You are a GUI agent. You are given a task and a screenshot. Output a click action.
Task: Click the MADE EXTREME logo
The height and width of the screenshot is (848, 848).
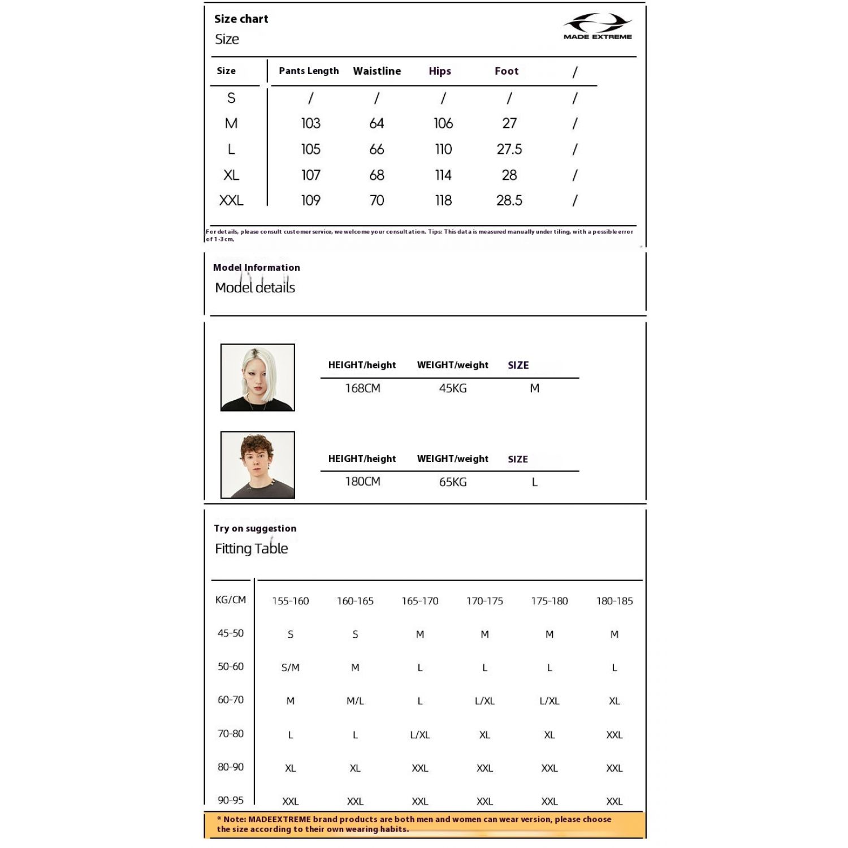(x=598, y=27)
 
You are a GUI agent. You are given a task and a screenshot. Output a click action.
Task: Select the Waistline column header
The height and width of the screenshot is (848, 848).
(x=377, y=71)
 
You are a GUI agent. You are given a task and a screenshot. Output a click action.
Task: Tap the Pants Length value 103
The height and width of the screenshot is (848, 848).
(x=310, y=123)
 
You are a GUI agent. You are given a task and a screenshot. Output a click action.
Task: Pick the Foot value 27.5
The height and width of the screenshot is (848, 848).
(x=509, y=149)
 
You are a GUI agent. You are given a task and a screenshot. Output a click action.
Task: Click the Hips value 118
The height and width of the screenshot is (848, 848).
(x=443, y=201)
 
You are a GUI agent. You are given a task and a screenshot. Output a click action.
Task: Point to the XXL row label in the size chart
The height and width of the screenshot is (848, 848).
(x=231, y=201)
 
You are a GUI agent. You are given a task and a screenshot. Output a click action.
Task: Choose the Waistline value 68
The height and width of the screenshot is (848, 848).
(x=377, y=175)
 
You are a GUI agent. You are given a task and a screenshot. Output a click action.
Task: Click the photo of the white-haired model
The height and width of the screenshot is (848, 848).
(x=258, y=377)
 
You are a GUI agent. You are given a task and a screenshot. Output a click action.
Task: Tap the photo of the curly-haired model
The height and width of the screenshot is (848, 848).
(x=258, y=465)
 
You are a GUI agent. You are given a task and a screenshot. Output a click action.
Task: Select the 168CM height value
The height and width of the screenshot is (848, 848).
(x=363, y=388)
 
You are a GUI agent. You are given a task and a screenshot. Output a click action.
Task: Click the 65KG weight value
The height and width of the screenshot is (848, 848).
(x=453, y=482)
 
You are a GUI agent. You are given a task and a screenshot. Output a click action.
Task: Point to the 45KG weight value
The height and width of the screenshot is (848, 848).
(x=453, y=388)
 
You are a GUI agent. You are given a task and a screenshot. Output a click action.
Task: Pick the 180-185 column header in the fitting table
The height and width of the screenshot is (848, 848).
(x=615, y=601)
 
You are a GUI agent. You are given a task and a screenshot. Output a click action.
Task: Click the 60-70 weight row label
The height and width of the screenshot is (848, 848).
(x=231, y=700)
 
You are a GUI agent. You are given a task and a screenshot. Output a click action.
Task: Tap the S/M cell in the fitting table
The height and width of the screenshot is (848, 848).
(x=291, y=668)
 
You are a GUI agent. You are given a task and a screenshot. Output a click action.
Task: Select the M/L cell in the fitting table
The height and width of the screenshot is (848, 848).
(x=355, y=701)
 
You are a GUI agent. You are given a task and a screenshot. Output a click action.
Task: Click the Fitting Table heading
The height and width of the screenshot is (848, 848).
(x=252, y=548)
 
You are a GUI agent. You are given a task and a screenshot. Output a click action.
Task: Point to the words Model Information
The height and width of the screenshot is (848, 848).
(x=257, y=267)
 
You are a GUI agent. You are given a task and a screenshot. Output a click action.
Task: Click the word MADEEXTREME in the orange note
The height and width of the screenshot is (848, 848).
(x=279, y=819)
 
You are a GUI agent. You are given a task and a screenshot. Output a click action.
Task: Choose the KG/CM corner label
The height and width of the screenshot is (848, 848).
(x=231, y=600)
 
